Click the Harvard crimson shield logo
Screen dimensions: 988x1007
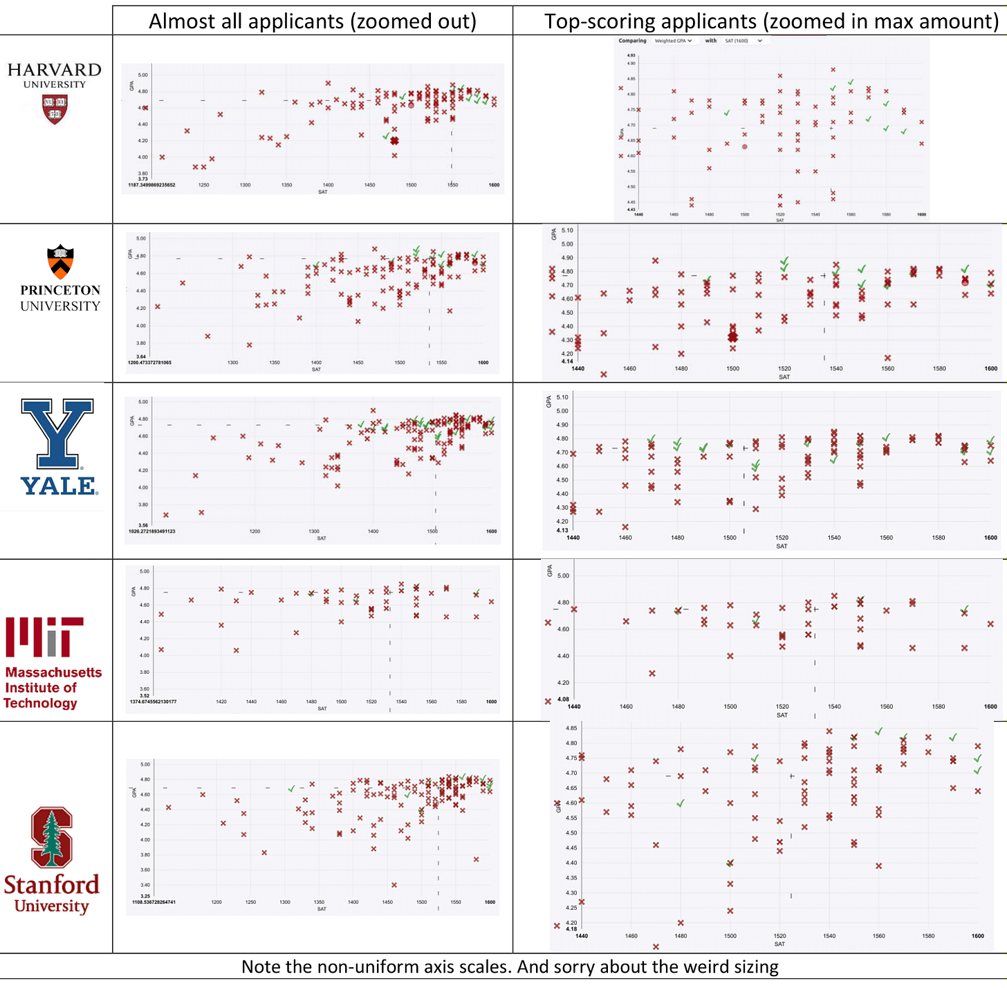[x=55, y=109]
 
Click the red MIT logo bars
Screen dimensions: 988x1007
[x=44, y=637]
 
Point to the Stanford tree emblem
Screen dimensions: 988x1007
[x=52, y=837]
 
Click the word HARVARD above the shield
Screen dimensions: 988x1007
[x=55, y=70]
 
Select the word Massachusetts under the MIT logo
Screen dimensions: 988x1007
[x=53, y=673]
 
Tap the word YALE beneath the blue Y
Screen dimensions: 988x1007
[x=59, y=486]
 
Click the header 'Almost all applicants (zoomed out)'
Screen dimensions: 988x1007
[x=313, y=21]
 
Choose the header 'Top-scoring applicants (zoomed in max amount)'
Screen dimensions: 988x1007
[x=770, y=21]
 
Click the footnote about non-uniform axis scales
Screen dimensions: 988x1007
[x=510, y=967]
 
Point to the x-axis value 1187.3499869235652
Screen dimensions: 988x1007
[x=151, y=185]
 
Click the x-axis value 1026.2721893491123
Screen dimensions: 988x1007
[x=151, y=531]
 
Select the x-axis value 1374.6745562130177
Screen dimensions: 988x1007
[x=153, y=702]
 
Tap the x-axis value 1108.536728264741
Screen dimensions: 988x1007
[x=154, y=902]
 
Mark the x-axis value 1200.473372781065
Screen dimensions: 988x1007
[x=149, y=363]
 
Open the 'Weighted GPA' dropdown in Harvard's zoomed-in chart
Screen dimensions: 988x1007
[x=673, y=41]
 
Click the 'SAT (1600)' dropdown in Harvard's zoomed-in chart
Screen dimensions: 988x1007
[x=743, y=41]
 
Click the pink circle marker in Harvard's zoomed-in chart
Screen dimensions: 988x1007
[x=745, y=147]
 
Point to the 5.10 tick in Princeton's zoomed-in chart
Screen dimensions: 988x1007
[x=567, y=230]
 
